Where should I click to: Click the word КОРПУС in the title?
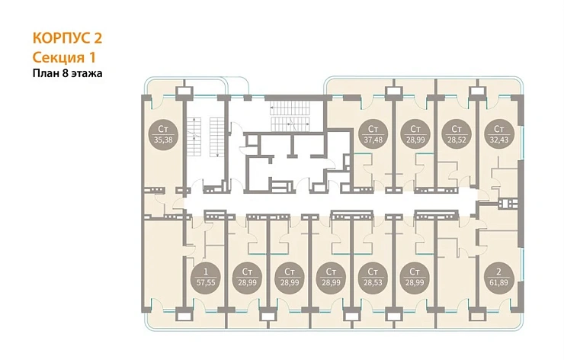point(62,38)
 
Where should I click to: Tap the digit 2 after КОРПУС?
point(98,38)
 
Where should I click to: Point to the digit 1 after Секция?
point(91,58)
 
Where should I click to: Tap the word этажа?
point(87,74)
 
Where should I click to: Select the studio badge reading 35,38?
point(163,134)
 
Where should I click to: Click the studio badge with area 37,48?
point(373,134)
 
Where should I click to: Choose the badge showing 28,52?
point(457,134)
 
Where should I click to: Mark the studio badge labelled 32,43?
point(499,134)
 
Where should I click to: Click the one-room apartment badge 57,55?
point(206,277)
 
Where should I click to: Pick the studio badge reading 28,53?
point(373,277)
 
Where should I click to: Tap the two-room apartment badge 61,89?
point(498,277)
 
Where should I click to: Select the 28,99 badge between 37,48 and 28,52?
point(415,134)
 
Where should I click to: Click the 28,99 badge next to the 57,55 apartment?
point(248,277)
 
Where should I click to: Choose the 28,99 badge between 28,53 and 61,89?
point(415,277)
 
